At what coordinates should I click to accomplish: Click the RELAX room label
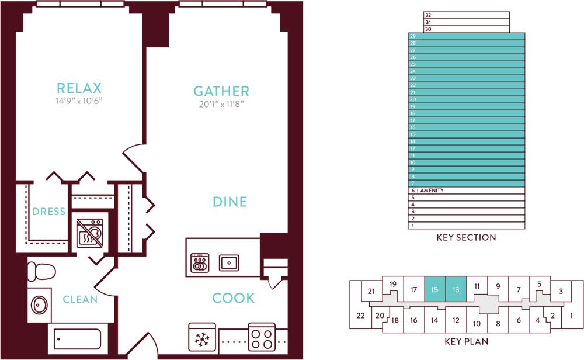point(79,88)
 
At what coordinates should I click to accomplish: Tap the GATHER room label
point(221,91)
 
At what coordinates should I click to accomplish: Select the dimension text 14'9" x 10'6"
point(79,101)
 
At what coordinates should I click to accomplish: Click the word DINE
point(230,202)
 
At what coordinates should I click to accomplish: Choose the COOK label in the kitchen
point(233,298)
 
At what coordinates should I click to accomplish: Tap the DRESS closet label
point(49,212)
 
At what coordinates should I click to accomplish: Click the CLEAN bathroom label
point(80,300)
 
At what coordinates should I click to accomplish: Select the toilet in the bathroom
point(41,272)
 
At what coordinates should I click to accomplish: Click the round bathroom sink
point(40,305)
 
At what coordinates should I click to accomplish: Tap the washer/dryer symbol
point(90,232)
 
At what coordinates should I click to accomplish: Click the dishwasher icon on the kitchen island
point(200,262)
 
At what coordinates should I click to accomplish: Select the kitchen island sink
point(229,262)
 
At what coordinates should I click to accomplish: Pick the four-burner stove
point(262,337)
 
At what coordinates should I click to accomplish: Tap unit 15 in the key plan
point(435,289)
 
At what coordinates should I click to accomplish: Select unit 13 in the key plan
point(456,289)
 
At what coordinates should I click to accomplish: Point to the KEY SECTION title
point(466,237)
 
